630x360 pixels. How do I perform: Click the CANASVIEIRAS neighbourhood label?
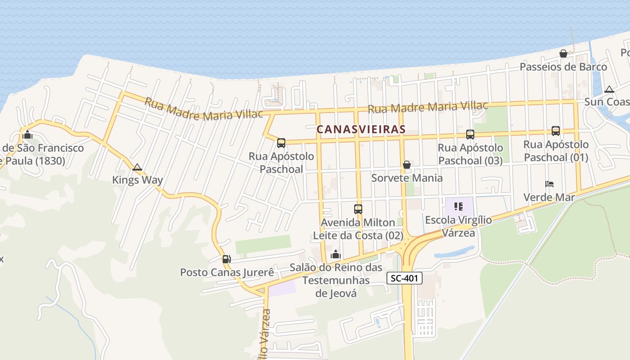pyautogui.click(x=361, y=129)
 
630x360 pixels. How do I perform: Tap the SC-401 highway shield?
pyautogui.click(x=405, y=278)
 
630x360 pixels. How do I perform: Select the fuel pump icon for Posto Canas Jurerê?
pyautogui.click(x=226, y=259)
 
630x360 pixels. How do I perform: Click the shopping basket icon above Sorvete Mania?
pyautogui.click(x=407, y=165)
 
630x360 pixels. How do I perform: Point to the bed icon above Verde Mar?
pyautogui.click(x=549, y=184)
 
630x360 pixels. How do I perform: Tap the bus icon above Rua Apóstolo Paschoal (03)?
pyautogui.click(x=470, y=134)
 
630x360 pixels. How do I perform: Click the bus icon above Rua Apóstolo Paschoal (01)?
pyautogui.click(x=556, y=131)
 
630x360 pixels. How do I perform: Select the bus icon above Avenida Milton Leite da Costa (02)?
pyautogui.click(x=358, y=209)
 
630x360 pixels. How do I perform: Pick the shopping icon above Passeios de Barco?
pyautogui.click(x=563, y=54)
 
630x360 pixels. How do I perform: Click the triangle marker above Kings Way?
pyautogui.click(x=137, y=167)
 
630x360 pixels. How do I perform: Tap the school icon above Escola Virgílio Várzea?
pyautogui.click(x=459, y=207)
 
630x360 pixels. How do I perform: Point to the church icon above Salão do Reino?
pyautogui.click(x=335, y=255)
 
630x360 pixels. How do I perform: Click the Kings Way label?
pyautogui.click(x=137, y=180)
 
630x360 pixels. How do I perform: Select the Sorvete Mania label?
pyautogui.click(x=407, y=178)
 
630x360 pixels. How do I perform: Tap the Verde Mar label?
pyautogui.click(x=549, y=197)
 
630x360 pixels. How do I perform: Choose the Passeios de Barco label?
pyautogui.click(x=563, y=67)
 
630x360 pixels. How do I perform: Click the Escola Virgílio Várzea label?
pyautogui.click(x=459, y=226)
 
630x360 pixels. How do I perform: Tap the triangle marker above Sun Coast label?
pyautogui.click(x=609, y=89)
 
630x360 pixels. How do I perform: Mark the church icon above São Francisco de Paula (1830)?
pyautogui.click(x=27, y=135)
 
